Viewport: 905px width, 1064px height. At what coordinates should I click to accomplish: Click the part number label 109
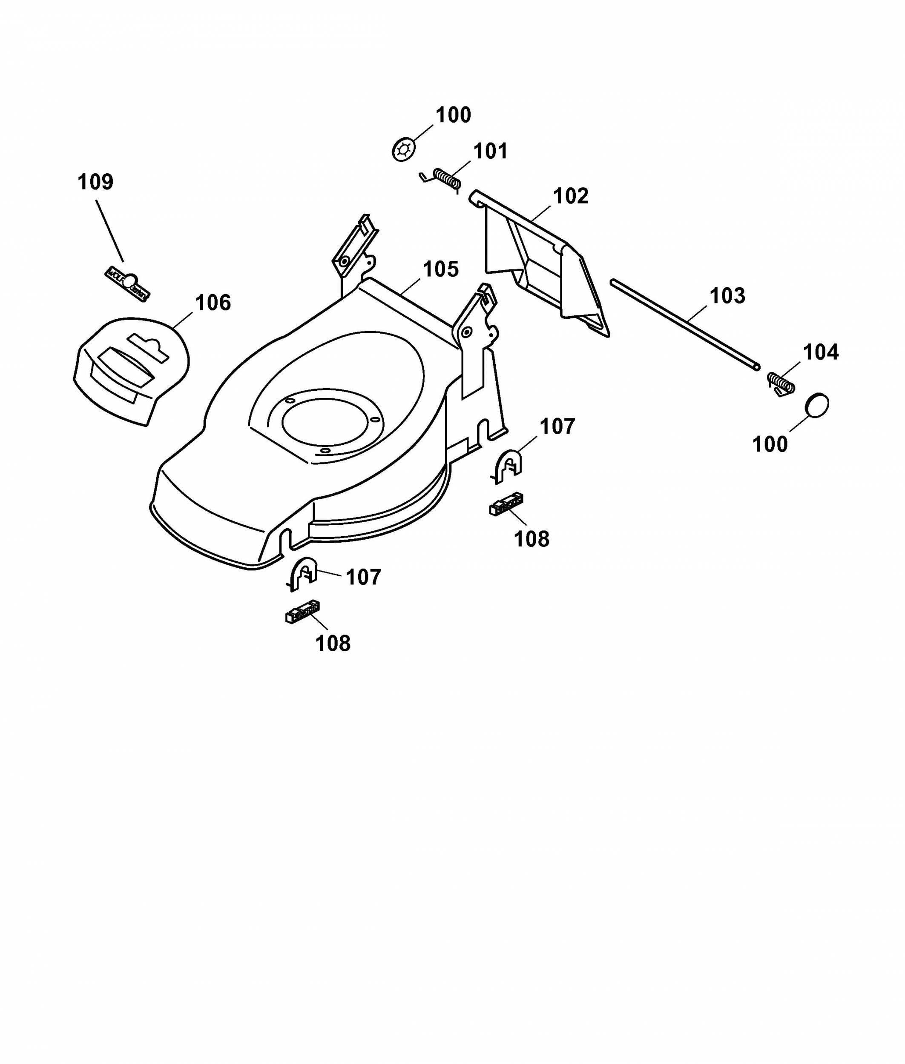[x=95, y=182]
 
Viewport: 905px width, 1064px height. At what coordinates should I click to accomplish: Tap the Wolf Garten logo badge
[x=128, y=283]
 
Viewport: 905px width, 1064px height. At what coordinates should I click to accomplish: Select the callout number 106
[x=213, y=303]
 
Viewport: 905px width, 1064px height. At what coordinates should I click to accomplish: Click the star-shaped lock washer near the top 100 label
[x=404, y=150]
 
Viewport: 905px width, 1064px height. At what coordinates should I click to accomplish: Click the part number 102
[x=571, y=196]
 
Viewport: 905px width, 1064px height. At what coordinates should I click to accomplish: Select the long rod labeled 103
[x=685, y=323]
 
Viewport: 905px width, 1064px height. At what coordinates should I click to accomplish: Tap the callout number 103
[x=727, y=296]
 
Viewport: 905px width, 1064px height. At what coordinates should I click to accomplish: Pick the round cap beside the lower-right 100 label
[x=817, y=405]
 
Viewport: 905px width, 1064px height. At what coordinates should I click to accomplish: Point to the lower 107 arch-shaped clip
[x=303, y=573]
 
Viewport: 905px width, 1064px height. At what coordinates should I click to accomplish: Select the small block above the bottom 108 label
[x=302, y=611]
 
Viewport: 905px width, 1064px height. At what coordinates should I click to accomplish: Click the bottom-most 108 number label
[x=333, y=643]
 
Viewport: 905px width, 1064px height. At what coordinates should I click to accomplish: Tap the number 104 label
[x=821, y=352]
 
